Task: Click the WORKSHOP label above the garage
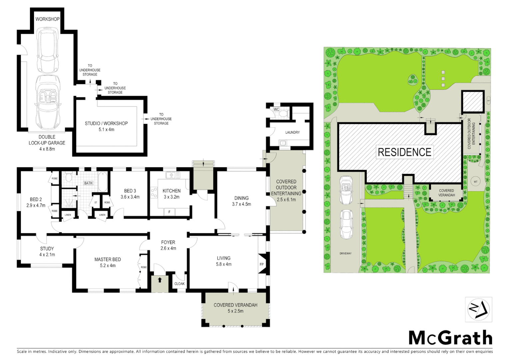[x=47, y=19]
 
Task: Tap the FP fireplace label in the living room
[x=261, y=264]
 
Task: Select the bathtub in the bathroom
[x=103, y=182]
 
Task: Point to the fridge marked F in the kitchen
[x=169, y=212]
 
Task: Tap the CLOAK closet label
[x=179, y=284]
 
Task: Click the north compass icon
[x=478, y=309]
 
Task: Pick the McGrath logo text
[x=450, y=338]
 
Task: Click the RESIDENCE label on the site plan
[x=404, y=152]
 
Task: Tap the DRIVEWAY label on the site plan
[x=345, y=253]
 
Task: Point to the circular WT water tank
[x=475, y=182]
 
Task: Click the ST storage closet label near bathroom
[x=96, y=202]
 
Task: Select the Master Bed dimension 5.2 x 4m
[x=108, y=266]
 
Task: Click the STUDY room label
[x=47, y=249]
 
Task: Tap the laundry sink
[x=282, y=143]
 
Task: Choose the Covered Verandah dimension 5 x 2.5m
[x=235, y=311]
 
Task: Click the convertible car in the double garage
[x=47, y=100]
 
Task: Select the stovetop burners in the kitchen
[x=154, y=193]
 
